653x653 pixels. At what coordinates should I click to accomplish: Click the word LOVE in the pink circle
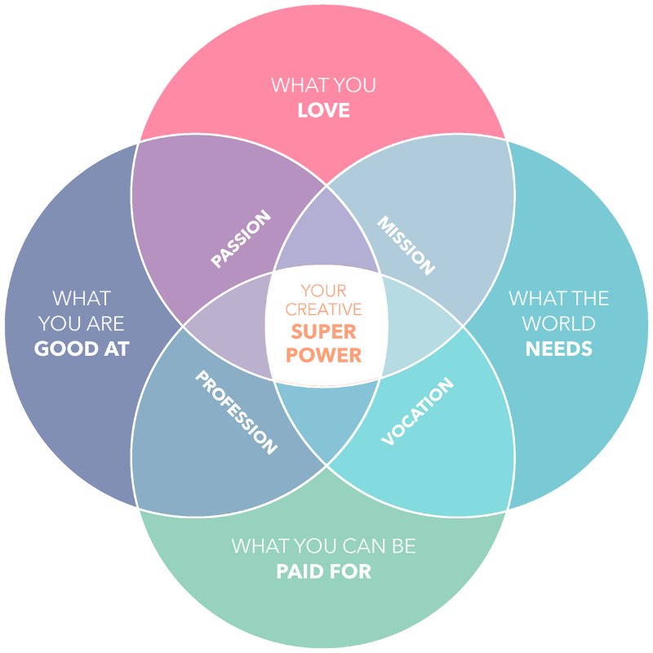point(323,110)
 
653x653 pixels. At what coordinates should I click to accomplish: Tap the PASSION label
point(241,239)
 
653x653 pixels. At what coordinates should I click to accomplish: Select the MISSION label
point(406,245)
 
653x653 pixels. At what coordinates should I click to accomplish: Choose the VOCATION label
point(417,412)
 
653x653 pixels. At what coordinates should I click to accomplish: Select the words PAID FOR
point(323,571)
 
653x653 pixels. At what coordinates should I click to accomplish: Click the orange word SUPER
point(324,333)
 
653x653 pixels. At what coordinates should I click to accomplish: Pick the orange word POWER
point(324,356)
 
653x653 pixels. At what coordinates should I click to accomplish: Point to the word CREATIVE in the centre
point(324,310)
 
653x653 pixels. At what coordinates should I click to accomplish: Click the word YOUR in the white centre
point(324,290)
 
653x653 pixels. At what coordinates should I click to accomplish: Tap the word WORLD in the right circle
point(559,324)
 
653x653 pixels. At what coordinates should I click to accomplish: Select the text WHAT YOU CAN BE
point(323,545)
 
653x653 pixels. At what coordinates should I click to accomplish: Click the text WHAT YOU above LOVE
point(323,85)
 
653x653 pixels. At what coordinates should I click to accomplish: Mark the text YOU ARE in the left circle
point(82,324)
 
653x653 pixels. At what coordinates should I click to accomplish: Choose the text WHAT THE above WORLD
point(559,298)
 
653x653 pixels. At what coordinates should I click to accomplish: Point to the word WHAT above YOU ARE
point(82,298)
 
